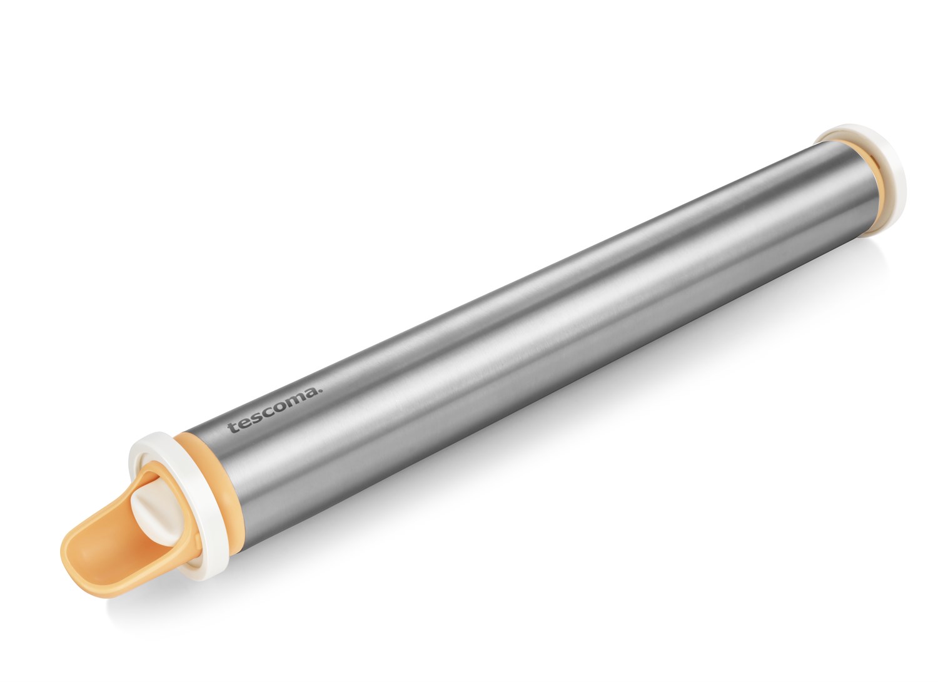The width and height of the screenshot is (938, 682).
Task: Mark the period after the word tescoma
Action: coord(320,392)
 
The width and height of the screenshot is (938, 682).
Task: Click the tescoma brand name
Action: coord(275,411)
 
